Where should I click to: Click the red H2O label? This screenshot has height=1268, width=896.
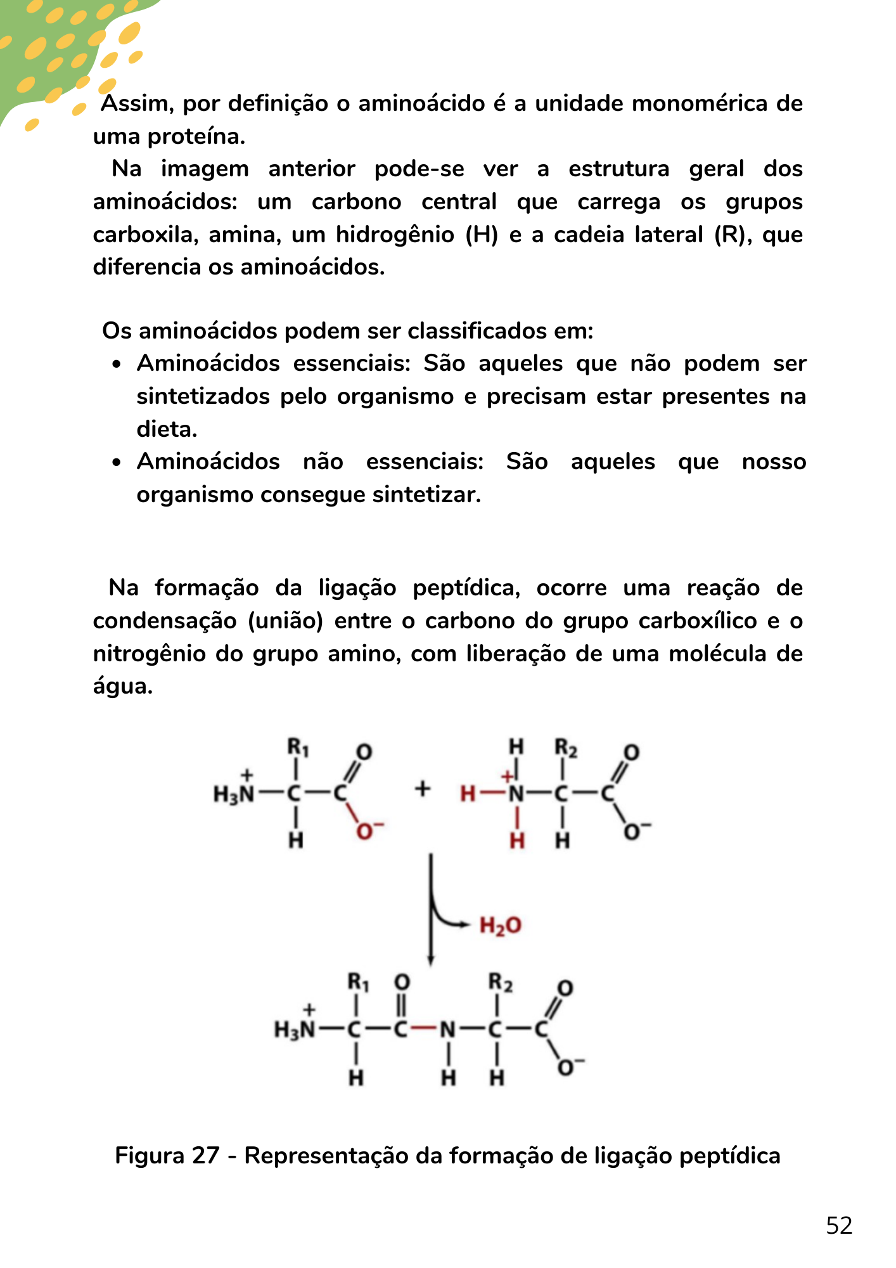(500, 926)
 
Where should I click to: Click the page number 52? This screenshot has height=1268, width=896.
(839, 1226)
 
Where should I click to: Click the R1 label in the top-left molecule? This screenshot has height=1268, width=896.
(298, 747)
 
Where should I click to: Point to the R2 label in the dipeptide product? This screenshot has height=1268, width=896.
(500, 983)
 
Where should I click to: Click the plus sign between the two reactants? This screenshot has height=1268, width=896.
(423, 789)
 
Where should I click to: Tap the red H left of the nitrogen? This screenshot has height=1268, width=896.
(468, 793)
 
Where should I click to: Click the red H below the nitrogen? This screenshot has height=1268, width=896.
(517, 841)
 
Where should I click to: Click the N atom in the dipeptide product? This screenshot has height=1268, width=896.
(447, 1030)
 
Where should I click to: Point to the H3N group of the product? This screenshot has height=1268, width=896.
(294, 1030)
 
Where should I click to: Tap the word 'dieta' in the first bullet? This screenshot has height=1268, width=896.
(167, 429)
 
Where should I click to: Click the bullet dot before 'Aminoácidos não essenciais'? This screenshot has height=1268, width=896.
(116, 463)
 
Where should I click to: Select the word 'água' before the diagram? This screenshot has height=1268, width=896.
(123, 687)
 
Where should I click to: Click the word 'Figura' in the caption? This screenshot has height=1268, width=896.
(150, 1156)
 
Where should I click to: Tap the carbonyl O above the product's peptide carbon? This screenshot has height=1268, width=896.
(402, 983)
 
